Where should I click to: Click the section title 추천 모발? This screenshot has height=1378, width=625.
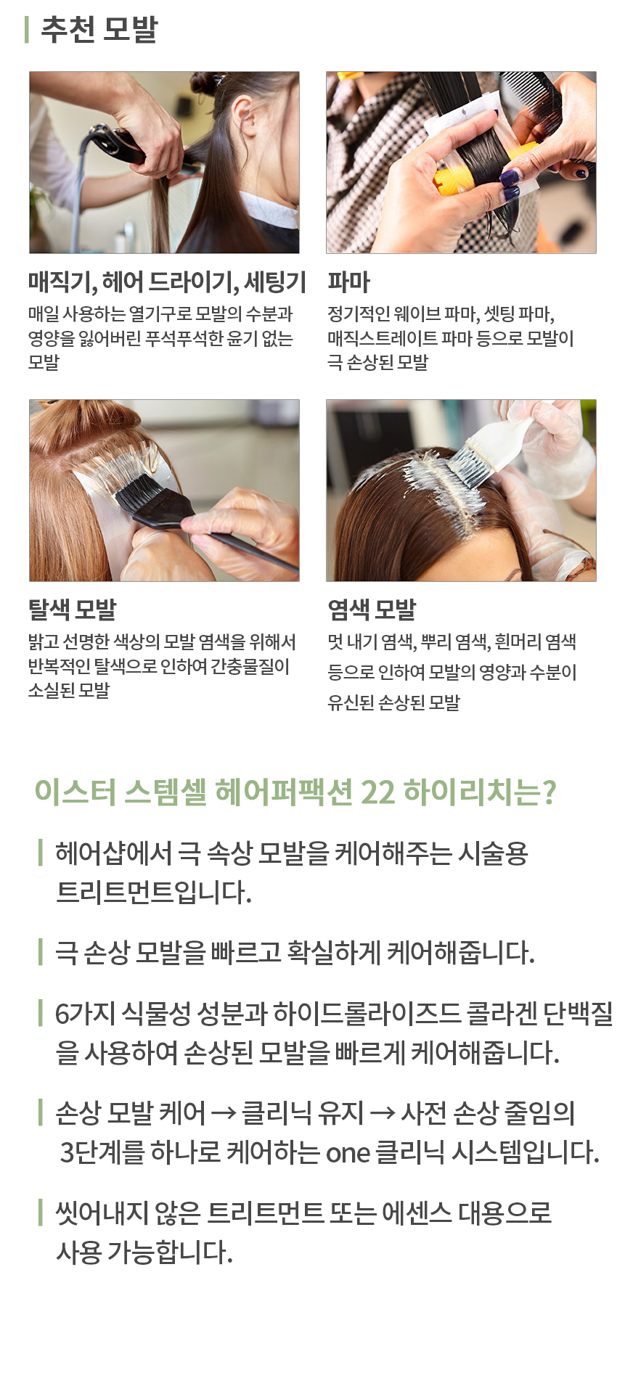coord(99,30)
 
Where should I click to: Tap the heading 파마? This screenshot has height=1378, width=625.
coord(348,282)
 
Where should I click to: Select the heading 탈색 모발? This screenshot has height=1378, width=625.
coord(72,610)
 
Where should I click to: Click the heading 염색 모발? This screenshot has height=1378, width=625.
coord(372,610)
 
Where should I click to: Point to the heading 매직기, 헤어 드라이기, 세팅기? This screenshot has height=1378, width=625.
coord(167,282)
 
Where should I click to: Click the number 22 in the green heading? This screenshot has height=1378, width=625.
coord(377,792)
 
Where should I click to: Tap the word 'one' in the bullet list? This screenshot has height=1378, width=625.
coord(348,1153)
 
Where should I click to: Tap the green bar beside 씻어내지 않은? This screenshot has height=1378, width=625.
coord(41,1212)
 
